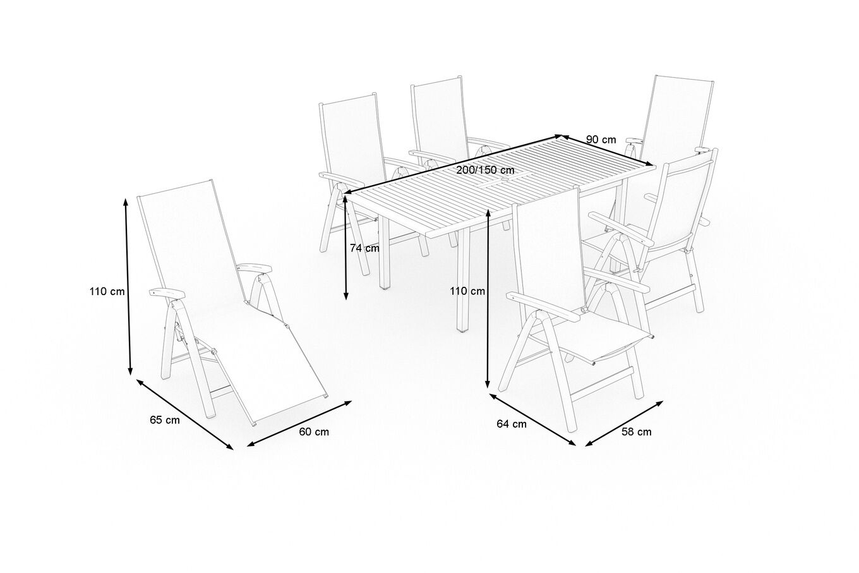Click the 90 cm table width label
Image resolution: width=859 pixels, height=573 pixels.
click(x=601, y=140)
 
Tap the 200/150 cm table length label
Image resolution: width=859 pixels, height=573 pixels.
click(x=485, y=170)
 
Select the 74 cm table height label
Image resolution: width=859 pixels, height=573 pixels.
click(x=364, y=248)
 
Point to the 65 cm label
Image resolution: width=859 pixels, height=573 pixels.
click(x=164, y=420)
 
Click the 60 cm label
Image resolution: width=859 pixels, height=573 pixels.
click(x=314, y=432)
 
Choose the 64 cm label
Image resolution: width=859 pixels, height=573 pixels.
click(x=512, y=424)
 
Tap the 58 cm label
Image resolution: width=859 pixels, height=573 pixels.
click(x=637, y=432)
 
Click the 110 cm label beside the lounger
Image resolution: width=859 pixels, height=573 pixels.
click(x=107, y=291)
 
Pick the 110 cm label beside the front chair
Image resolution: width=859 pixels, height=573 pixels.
click(x=467, y=291)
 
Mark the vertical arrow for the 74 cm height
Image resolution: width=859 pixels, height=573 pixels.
click(x=345, y=248)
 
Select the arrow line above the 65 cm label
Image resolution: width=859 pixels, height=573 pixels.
click(x=184, y=414)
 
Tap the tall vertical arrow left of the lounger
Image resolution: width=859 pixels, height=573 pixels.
click(x=128, y=287)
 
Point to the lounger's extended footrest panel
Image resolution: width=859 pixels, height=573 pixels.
click(x=284, y=365)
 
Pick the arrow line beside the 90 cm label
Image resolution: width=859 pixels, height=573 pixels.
click(x=608, y=151)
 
